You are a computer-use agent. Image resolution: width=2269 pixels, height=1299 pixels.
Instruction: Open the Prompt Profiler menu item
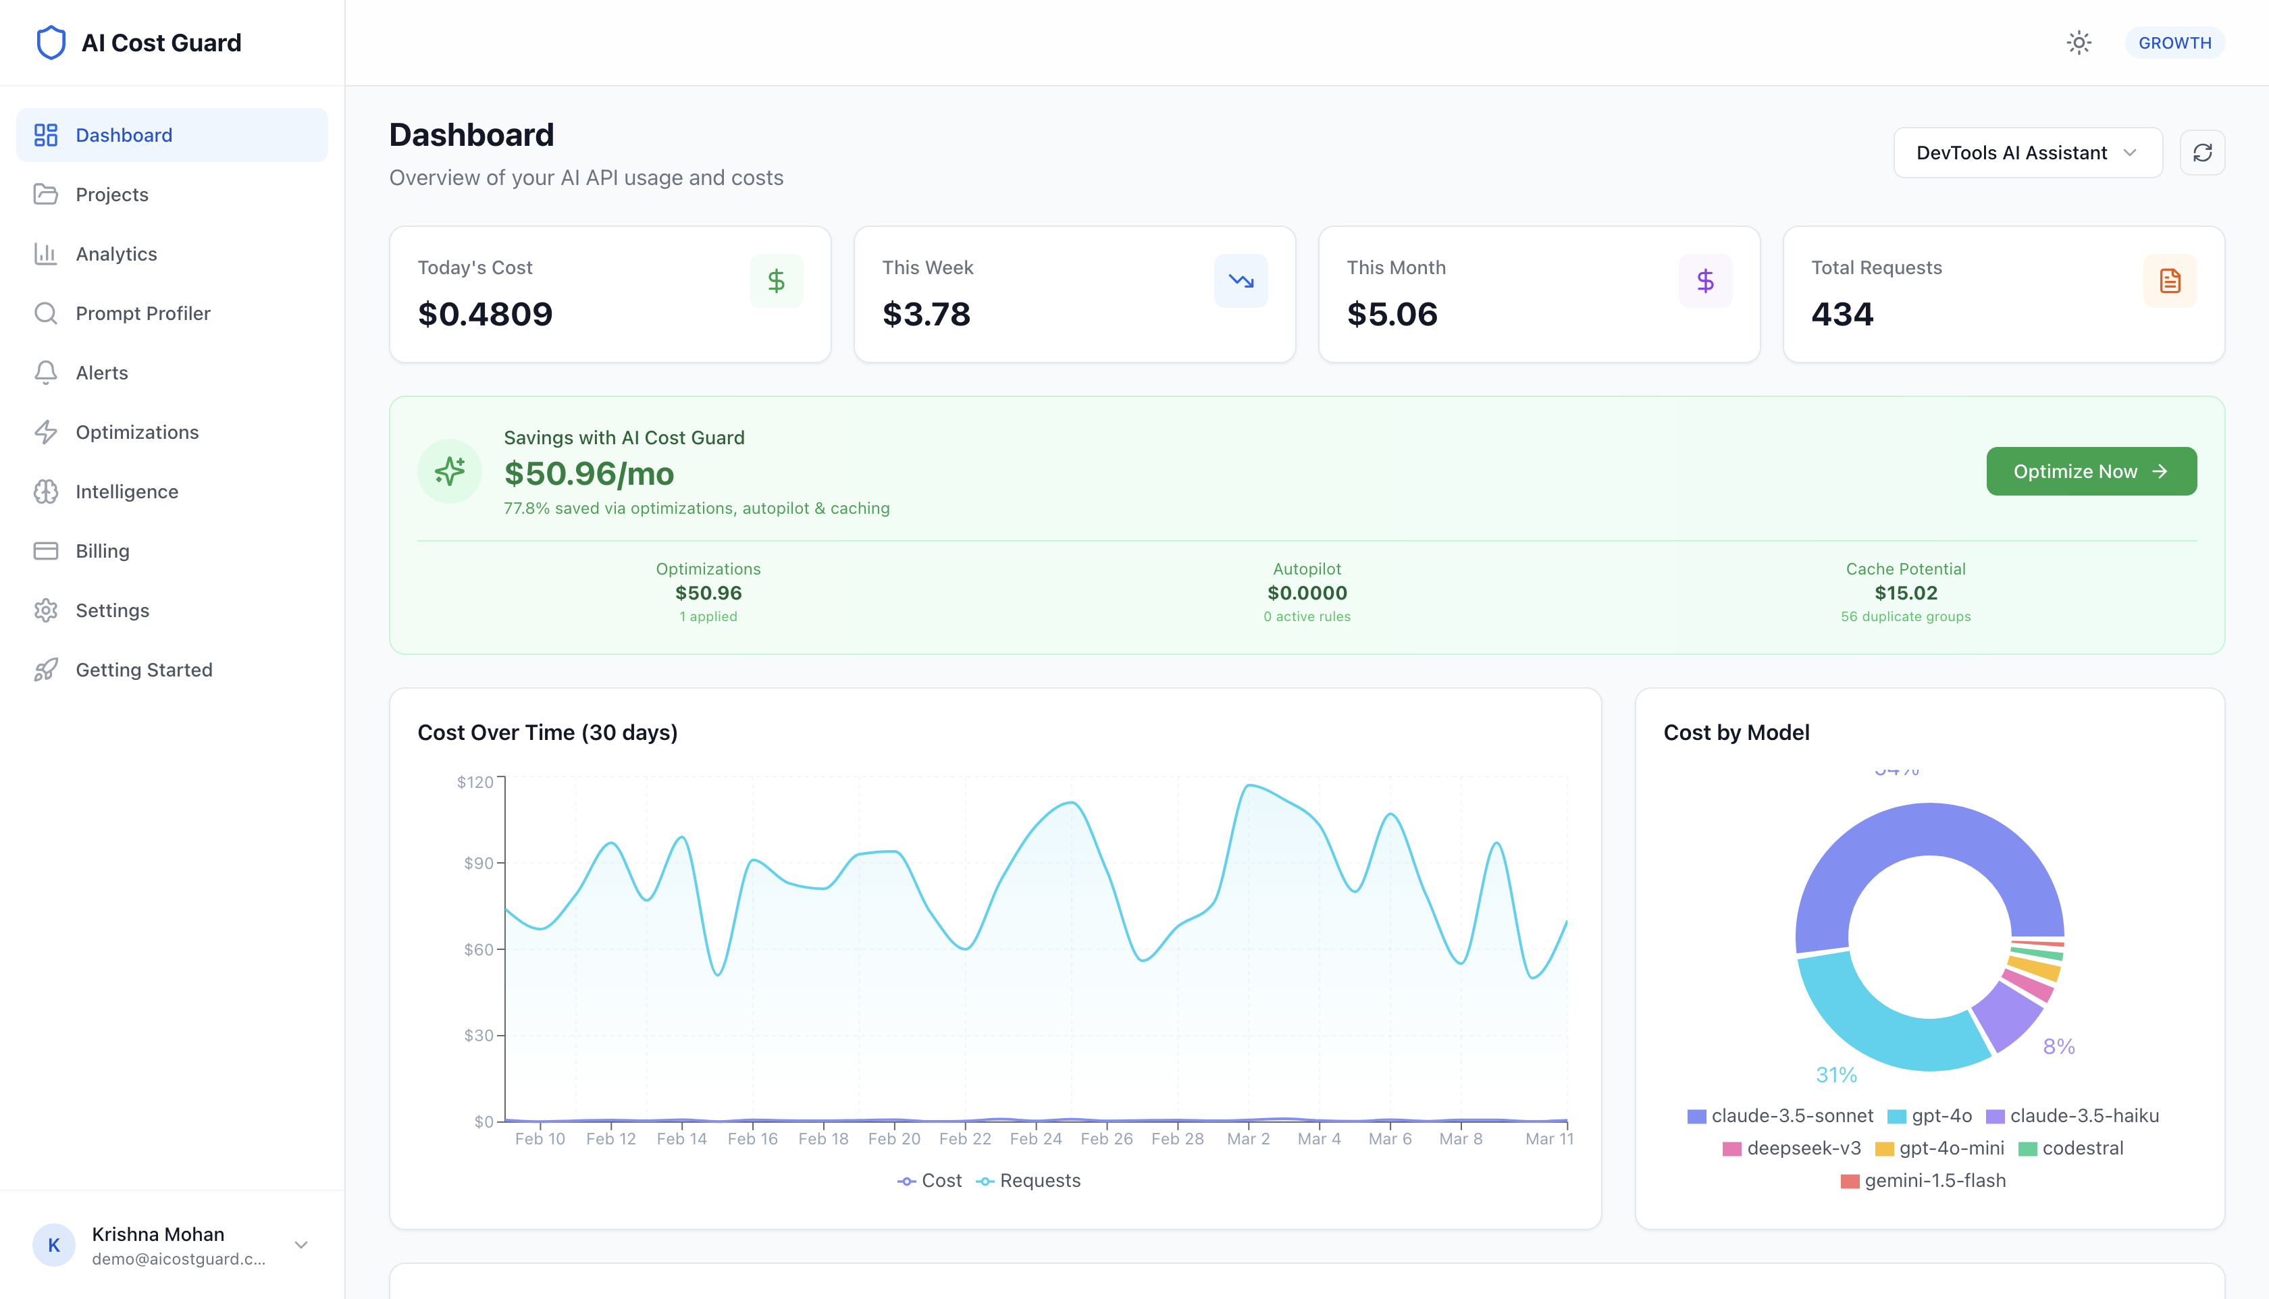[142, 313]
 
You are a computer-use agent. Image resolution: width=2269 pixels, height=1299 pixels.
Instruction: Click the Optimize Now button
[2091, 471]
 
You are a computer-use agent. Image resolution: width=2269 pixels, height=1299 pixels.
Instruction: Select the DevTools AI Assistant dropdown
[2027, 153]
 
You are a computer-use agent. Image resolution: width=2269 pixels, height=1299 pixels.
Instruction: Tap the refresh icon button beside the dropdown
[2202, 153]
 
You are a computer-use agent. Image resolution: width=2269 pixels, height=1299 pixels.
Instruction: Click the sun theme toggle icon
[2079, 43]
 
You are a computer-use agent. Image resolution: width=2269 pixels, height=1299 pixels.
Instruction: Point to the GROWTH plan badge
[2174, 43]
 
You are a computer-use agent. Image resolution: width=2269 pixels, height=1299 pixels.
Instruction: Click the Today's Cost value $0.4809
[484, 314]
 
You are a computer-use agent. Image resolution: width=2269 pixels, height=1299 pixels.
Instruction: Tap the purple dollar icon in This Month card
[1705, 281]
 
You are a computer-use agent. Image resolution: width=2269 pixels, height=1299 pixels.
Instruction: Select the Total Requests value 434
[1842, 314]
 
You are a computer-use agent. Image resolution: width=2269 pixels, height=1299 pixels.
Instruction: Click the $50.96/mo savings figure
[589, 474]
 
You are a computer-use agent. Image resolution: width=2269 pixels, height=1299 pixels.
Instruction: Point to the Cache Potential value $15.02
[1905, 592]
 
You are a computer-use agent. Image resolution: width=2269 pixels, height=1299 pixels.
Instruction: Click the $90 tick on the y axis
[478, 863]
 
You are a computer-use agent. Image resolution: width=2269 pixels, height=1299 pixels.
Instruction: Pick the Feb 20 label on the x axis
[893, 1138]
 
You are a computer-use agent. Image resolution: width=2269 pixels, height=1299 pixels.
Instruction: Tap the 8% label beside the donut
[2058, 1046]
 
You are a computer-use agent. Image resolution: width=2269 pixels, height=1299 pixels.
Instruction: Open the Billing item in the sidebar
[103, 550]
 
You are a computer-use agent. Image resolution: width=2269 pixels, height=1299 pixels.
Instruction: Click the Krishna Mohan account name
[158, 1234]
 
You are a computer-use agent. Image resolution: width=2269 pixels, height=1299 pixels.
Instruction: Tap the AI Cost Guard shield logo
[51, 43]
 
